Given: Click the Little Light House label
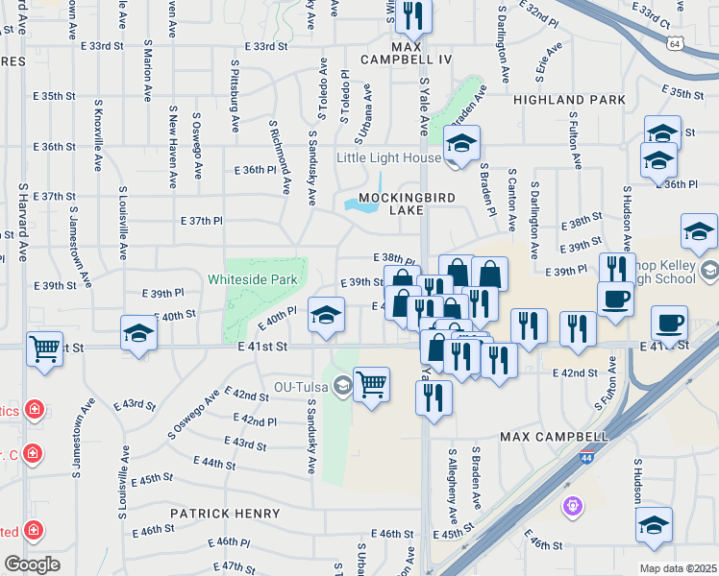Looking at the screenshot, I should [x=387, y=157].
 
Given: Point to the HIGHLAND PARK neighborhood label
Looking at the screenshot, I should [x=570, y=100].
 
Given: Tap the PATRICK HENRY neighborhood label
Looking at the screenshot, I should [x=225, y=514].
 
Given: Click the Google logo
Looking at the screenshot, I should [x=31, y=564].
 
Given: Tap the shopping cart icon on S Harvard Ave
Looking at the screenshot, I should [x=44, y=348].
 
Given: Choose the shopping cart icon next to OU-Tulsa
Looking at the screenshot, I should [x=371, y=384].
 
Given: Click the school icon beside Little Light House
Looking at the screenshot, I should [x=461, y=145].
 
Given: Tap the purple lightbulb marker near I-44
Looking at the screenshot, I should [x=573, y=503].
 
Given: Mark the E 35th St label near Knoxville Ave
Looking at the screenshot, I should [x=52, y=96].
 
